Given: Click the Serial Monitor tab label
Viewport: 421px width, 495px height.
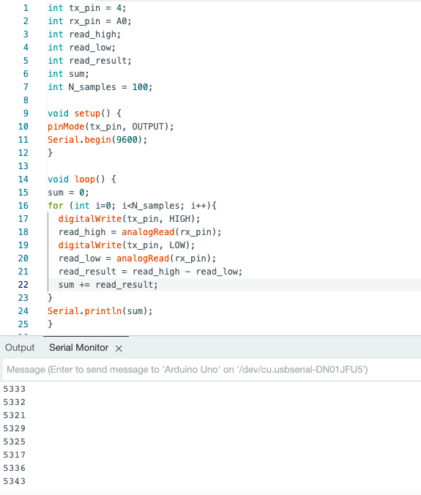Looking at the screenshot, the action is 78,348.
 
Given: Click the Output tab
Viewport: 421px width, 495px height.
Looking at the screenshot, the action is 20,348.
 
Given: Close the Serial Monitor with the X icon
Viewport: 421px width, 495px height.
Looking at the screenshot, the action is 119,349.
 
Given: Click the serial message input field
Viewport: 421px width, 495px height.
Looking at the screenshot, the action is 212,369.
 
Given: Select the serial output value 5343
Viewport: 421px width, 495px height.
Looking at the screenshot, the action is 14,481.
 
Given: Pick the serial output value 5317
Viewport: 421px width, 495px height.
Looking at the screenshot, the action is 14,455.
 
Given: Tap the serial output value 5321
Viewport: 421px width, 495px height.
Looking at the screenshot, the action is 14,415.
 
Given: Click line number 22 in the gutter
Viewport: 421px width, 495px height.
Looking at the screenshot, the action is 23,285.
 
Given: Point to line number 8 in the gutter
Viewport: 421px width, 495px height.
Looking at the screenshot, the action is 26,100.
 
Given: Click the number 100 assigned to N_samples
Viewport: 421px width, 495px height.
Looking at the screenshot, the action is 140,87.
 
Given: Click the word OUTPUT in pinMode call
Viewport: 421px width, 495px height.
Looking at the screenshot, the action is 148,127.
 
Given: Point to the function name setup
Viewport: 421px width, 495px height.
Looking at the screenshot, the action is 87,113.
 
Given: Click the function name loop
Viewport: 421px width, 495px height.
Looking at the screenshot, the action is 85,179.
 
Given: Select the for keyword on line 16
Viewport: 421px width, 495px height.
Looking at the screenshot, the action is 56,206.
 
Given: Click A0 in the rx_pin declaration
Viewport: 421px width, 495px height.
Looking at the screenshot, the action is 122,21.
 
